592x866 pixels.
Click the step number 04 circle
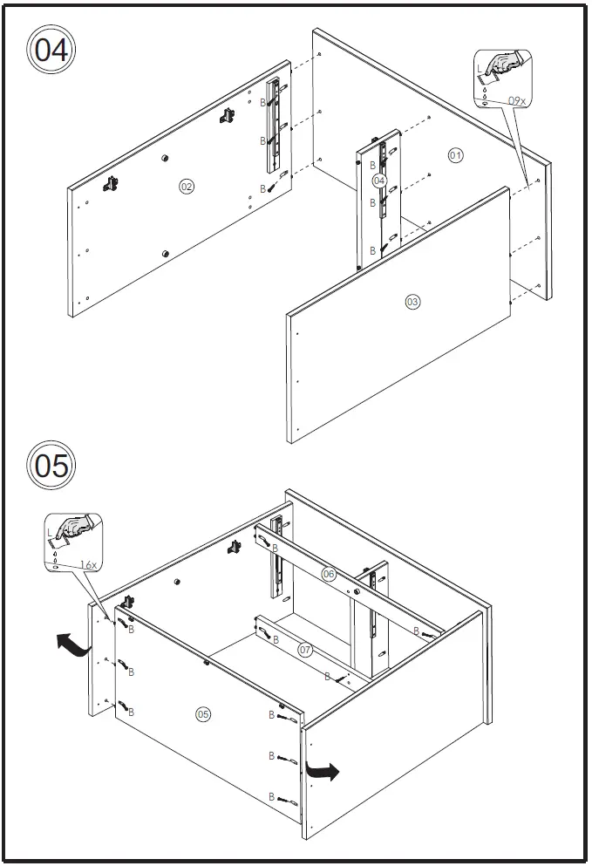point(51,50)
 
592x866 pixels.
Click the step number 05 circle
point(51,465)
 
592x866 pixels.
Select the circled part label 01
point(455,155)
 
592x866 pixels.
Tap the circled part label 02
point(186,186)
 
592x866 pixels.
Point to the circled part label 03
point(412,302)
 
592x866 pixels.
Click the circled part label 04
point(378,180)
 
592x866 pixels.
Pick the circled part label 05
point(202,714)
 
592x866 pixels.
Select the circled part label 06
point(329,574)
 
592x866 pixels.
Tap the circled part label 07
point(305,650)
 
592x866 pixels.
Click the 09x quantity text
point(517,101)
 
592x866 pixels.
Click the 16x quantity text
point(87,565)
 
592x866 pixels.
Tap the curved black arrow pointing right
point(324,770)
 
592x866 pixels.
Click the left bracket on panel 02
point(111,183)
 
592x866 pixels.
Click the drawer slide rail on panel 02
point(275,126)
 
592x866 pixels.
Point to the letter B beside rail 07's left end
point(275,639)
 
